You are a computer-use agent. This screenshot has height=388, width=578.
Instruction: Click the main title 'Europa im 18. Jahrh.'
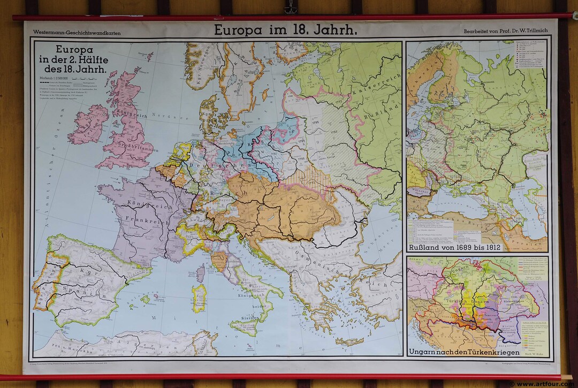click(x=285, y=31)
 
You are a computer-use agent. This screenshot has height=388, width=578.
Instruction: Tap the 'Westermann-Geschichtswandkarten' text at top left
click(x=77, y=33)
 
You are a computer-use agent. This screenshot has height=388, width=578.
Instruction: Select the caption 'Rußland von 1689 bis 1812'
click(x=453, y=247)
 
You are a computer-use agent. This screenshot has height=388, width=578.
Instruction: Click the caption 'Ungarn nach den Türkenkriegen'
click(x=463, y=352)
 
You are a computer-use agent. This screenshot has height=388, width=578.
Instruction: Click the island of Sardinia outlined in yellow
click(x=199, y=298)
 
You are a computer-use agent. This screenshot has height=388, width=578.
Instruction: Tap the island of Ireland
click(x=88, y=124)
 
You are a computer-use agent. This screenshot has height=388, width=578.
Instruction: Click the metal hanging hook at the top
click(x=291, y=7)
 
